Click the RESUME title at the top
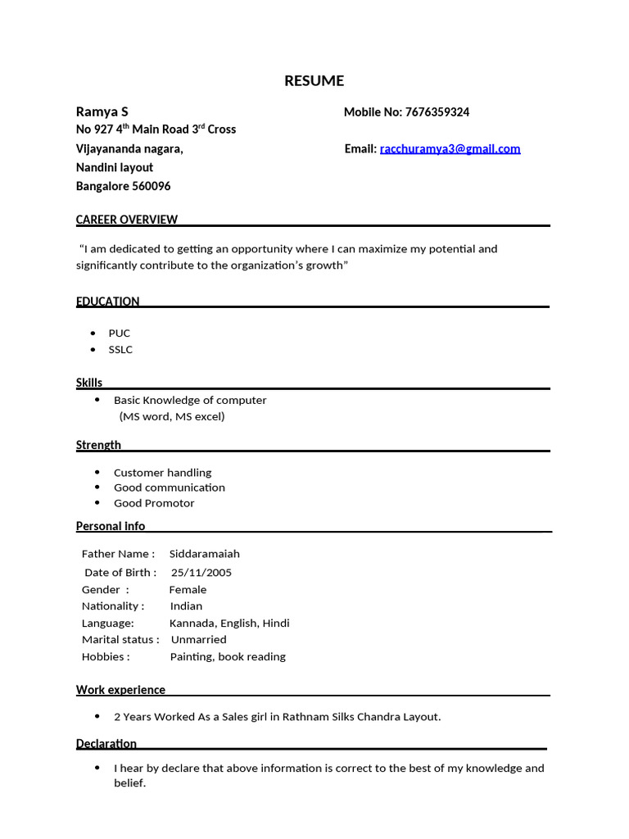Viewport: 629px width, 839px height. click(x=314, y=80)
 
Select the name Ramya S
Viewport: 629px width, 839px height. click(x=102, y=111)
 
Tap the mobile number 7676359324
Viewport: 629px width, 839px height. click(x=437, y=112)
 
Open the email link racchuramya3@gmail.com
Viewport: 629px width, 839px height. click(x=450, y=148)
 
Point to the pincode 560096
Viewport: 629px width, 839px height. click(x=152, y=186)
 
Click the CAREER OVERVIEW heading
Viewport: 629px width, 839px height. click(x=126, y=219)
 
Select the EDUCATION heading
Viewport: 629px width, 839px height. click(x=107, y=301)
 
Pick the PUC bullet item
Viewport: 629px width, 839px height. click(x=120, y=333)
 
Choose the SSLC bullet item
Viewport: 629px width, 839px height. click(x=120, y=350)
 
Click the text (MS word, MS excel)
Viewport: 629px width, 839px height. click(x=172, y=416)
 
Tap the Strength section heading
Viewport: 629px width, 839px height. click(x=98, y=445)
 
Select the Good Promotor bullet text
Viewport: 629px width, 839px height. click(x=154, y=503)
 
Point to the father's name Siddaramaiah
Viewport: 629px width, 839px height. click(x=205, y=554)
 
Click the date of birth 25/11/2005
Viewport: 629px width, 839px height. click(x=201, y=573)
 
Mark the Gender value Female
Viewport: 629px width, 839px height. click(x=188, y=590)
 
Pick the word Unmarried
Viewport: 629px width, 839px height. click(x=199, y=640)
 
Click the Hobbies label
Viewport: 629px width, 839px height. click(x=105, y=657)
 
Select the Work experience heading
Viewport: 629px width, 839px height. click(x=120, y=690)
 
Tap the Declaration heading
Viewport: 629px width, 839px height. click(x=106, y=744)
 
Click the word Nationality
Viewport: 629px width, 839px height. click(x=111, y=606)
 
